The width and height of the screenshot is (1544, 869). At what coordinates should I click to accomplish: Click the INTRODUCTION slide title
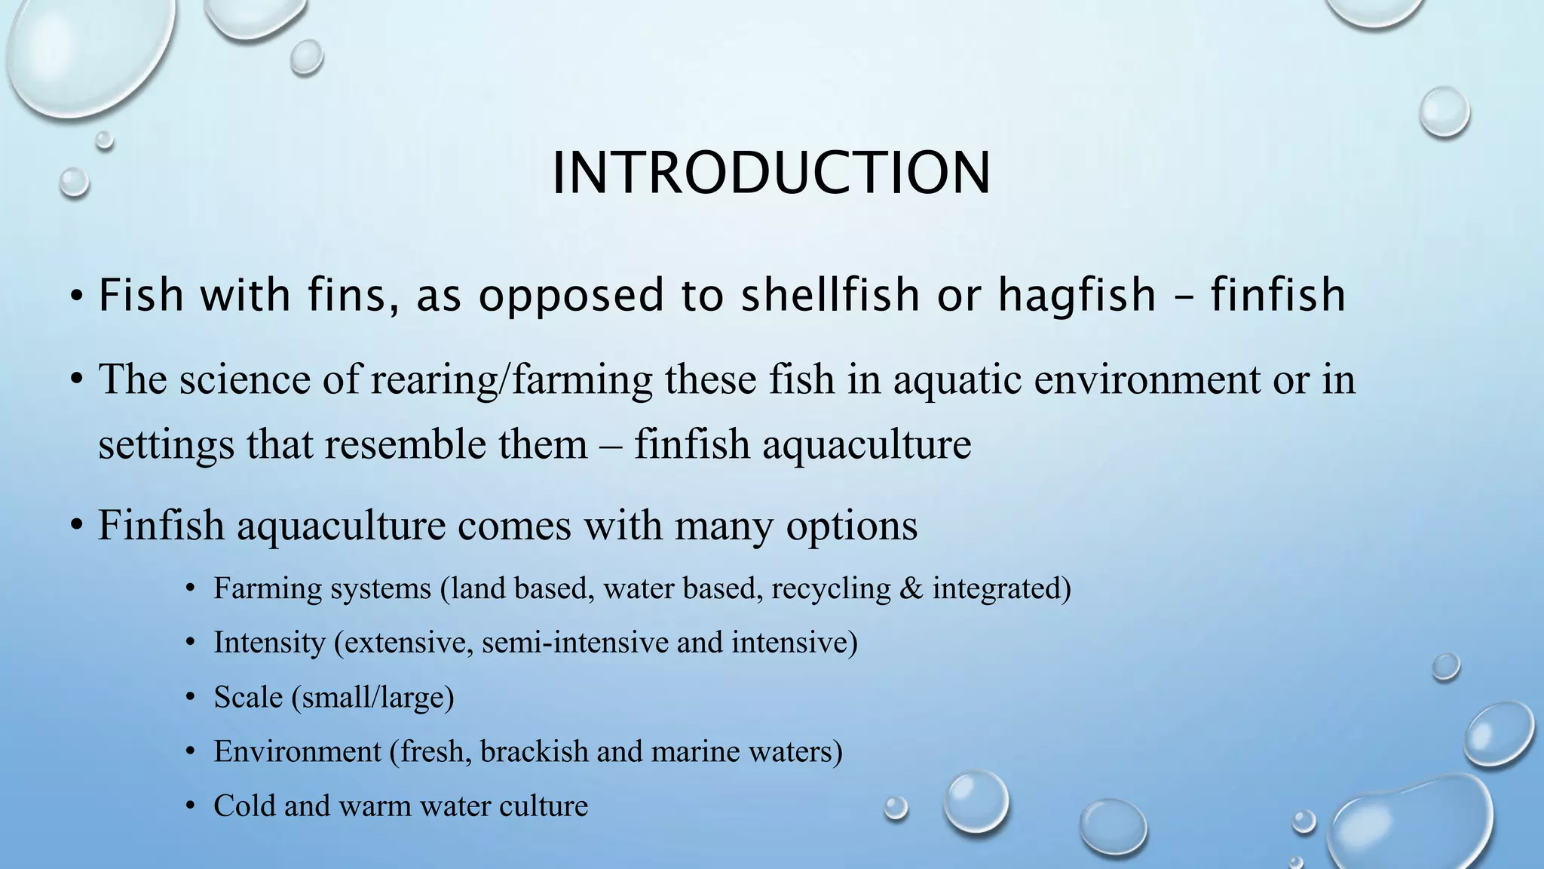(x=770, y=173)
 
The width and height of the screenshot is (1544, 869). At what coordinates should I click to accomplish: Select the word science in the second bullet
(x=244, y=379)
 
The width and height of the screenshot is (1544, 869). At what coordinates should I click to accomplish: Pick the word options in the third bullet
(x=852, y=525)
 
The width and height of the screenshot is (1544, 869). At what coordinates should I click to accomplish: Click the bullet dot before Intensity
(x=191, y=643)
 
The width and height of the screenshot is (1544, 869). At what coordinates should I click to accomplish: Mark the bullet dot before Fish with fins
(x=76, y=295)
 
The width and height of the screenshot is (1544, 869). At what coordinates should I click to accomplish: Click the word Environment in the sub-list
(x=297, y=751)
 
